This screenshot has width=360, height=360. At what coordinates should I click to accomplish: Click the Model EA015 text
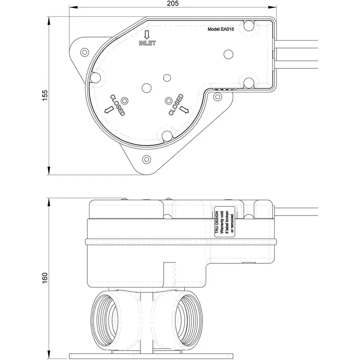224,29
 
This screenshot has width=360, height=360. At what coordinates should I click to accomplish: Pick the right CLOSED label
175,104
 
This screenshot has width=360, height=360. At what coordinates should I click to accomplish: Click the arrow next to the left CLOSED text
109,109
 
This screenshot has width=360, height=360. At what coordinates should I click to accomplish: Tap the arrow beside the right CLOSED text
183,109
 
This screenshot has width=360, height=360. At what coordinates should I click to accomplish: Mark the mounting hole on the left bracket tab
85,51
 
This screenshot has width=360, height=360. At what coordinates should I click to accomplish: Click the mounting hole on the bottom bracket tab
147,159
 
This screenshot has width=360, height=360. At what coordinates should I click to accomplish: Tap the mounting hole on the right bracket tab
217,97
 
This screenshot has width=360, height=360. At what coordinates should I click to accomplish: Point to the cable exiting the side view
295,211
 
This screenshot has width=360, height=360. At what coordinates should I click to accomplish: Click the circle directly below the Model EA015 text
228,54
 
